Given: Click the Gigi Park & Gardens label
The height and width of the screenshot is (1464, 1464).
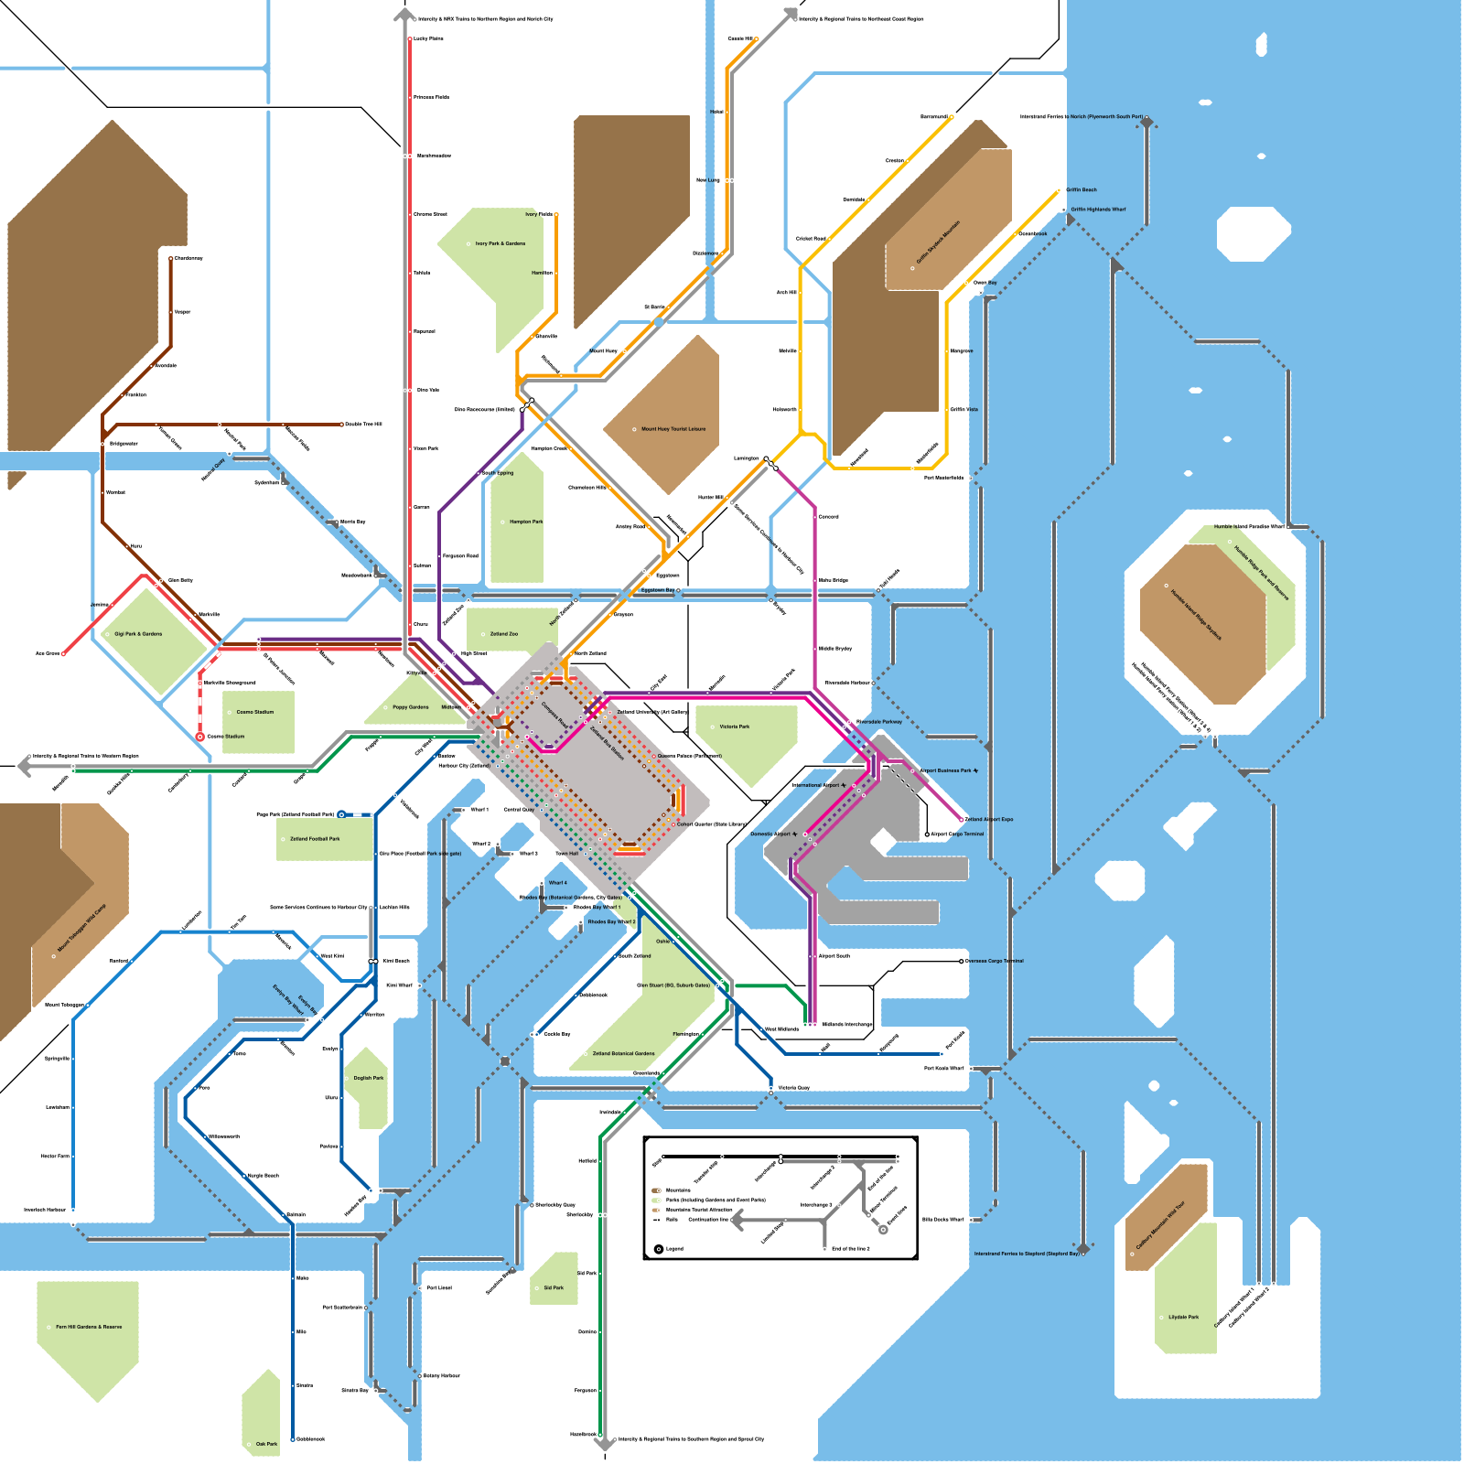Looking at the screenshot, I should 139,633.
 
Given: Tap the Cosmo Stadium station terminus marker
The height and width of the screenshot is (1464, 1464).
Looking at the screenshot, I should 199,736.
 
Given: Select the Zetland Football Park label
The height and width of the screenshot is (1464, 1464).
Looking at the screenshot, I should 315,838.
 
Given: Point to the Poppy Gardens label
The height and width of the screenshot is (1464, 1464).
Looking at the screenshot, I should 411,706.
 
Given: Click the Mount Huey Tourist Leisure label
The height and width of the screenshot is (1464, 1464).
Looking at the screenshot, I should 673,428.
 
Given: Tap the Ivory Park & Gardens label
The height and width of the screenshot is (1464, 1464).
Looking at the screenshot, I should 501,243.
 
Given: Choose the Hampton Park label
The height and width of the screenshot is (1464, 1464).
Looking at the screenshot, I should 526,522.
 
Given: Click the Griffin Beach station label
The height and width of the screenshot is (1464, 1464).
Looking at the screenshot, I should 1082,189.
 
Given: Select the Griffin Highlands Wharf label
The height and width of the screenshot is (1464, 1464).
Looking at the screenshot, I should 1098,209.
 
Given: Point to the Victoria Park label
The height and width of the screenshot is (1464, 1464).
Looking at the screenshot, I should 735,727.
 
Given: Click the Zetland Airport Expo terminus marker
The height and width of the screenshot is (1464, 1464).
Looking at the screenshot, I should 963,819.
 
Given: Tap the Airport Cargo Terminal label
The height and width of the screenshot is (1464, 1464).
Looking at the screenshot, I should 957,834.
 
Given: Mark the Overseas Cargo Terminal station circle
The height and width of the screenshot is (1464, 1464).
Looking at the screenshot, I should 962,961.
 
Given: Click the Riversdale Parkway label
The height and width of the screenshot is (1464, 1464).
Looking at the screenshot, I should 879,722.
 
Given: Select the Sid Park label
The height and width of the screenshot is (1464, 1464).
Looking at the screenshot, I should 554,1287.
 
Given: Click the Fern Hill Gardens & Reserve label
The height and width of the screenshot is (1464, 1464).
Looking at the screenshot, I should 89,1326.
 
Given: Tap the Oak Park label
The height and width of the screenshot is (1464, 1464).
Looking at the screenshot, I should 266,1444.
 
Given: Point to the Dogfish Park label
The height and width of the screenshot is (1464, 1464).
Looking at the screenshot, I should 369,1078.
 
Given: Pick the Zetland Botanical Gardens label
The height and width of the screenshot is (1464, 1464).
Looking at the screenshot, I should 624,1053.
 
